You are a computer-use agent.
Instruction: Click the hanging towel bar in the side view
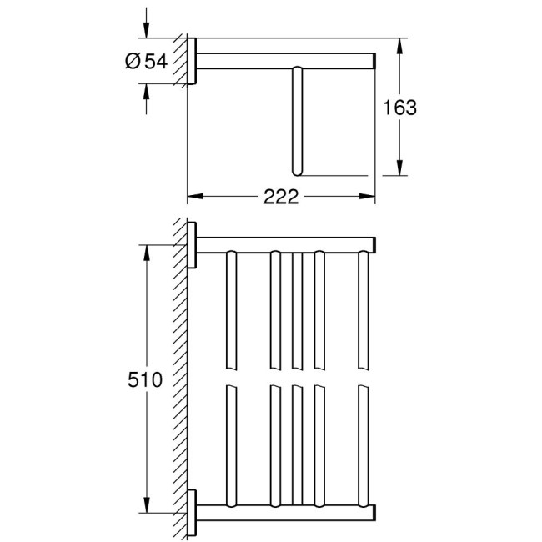pyautogui.click(x=297, y=121)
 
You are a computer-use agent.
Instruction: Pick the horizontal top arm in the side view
pyautogui.click(x=284, y=60)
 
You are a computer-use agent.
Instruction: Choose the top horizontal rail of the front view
pyautogui.click(x=284, y=245)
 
